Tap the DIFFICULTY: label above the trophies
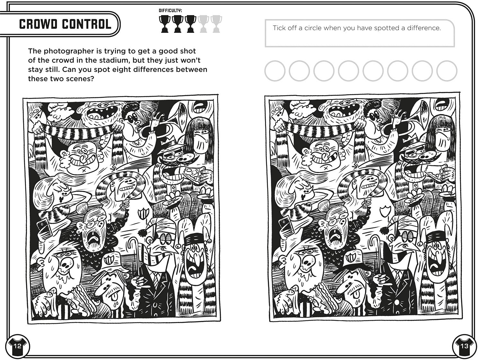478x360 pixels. point(170,11)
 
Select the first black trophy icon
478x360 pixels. point(164,24)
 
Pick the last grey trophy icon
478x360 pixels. point(216,24)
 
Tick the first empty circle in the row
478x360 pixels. point(275,71)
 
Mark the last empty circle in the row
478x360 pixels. point(447,71)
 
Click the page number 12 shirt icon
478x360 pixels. point(18,346)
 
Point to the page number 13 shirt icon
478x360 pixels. point(464,346)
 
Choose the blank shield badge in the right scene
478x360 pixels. point(385,211)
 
